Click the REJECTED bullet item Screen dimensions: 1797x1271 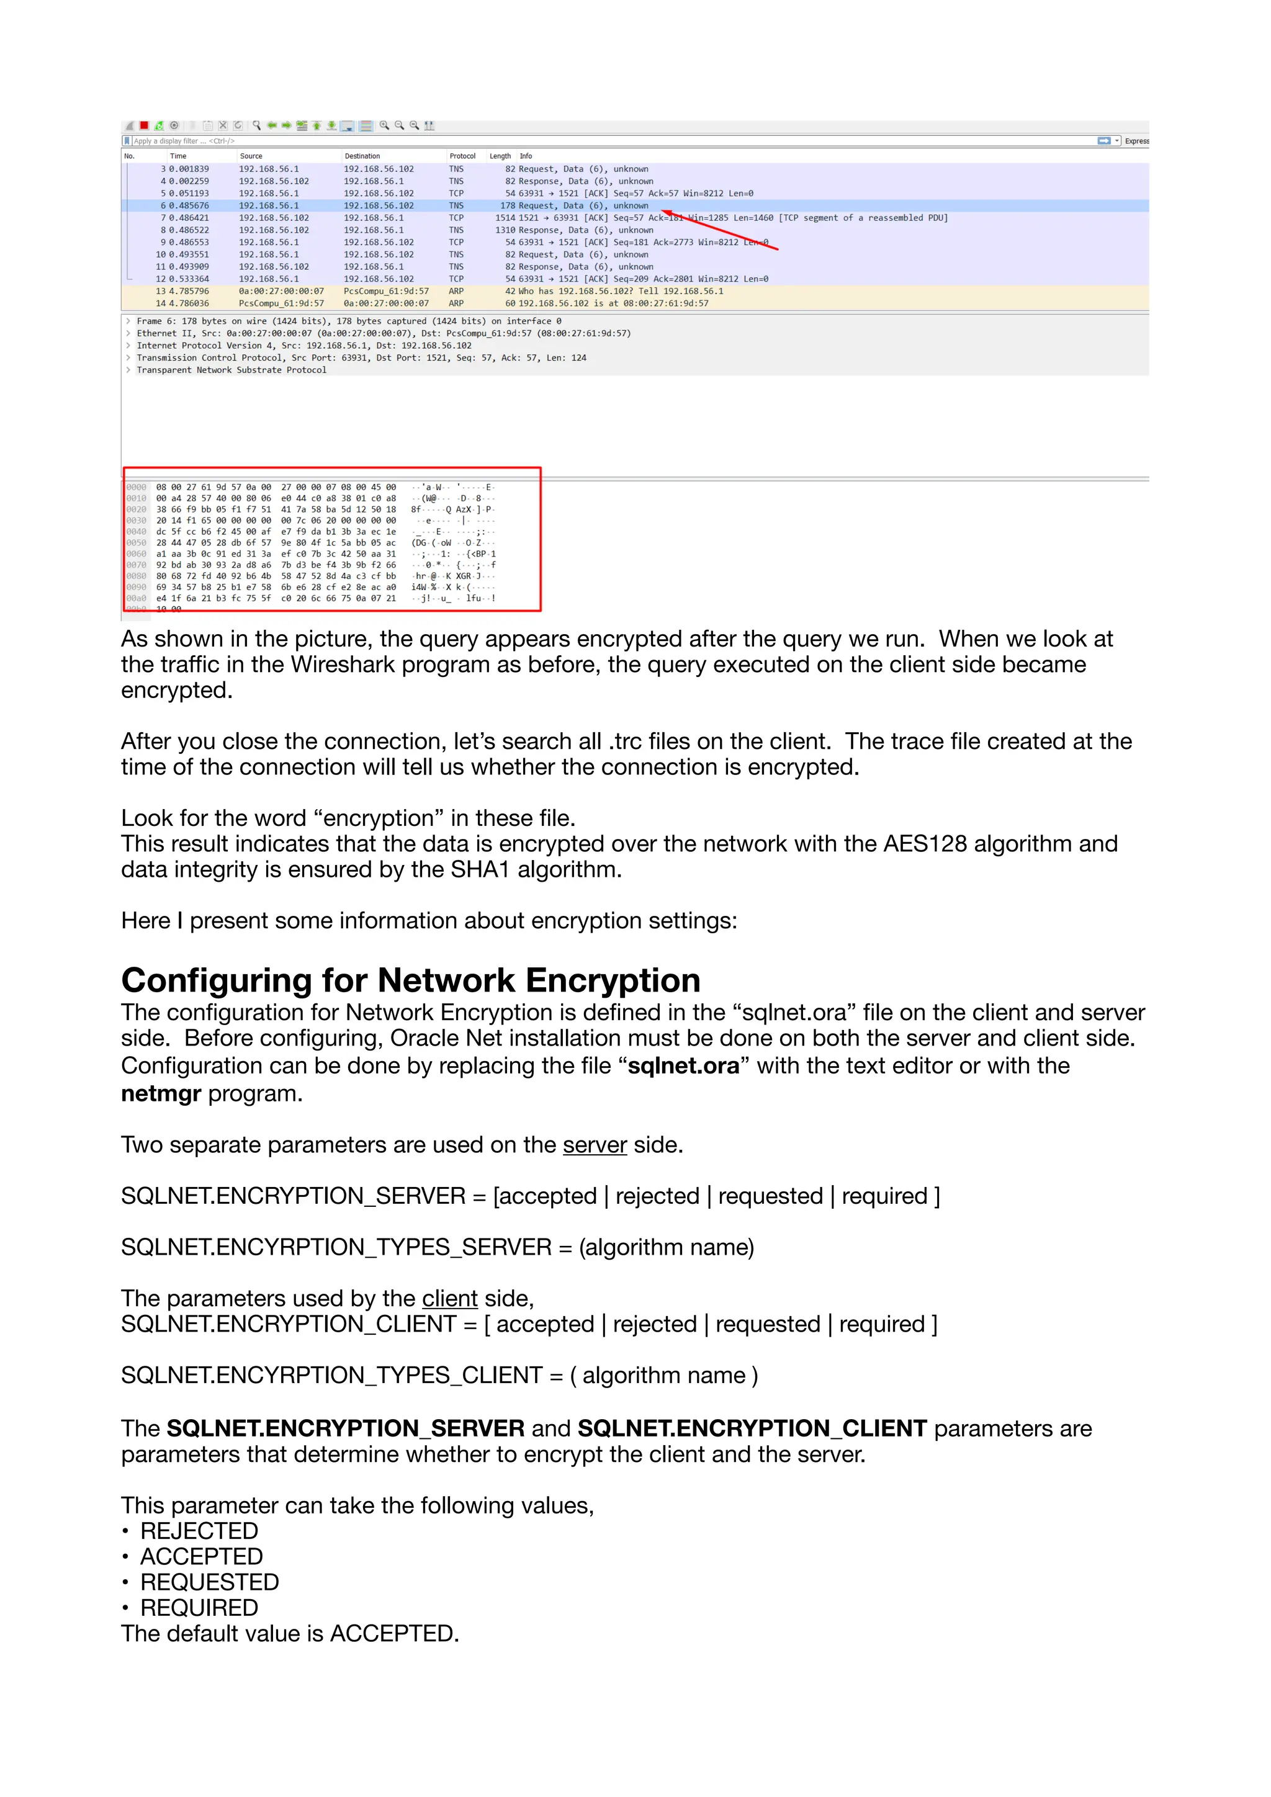click(x=199, y=1531)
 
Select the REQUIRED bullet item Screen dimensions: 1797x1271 click(x=199, y=1608)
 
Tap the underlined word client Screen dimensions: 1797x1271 click(x=449, y=1299)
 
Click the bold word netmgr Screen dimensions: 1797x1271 click(x=161, y=1093)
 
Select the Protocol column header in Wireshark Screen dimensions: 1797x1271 click(x=462, y=156)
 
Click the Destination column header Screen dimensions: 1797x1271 click(x=362, y=156)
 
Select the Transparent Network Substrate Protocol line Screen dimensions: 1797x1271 click(x=231, y=370)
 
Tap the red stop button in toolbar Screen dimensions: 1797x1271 click(x=144, y=125)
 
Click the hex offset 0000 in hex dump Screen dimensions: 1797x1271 click(x=136, y=487)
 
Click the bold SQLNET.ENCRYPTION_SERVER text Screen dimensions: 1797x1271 click(x=345, y=1428)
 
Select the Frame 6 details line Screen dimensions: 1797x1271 click(x=348, y=321)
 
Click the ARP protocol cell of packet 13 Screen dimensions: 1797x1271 click(x=456, y=291)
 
